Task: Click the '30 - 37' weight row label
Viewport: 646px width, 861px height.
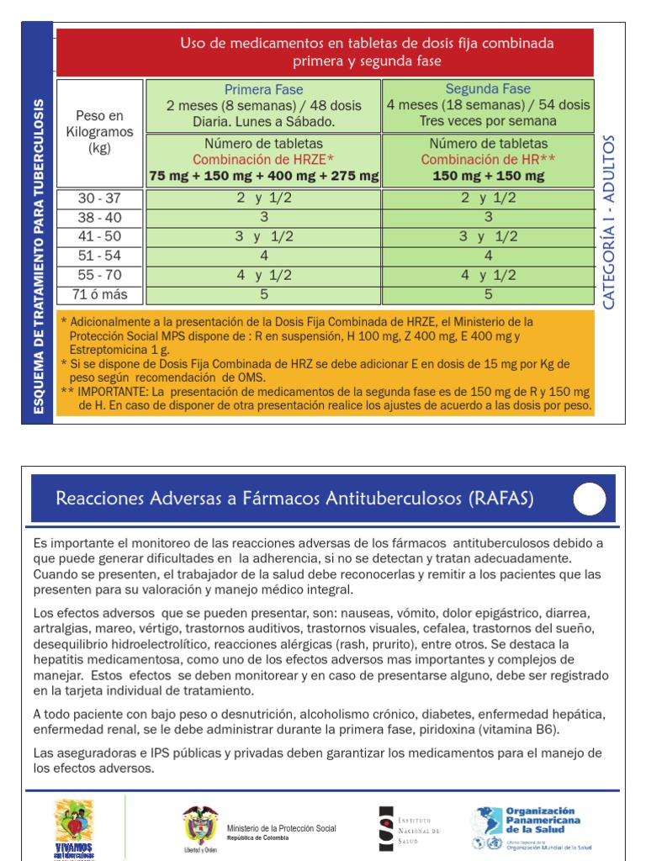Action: point(99,198)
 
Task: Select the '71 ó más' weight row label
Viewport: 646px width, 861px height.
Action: point(99,295)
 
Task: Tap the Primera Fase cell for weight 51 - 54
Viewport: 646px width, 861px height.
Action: point(264,256)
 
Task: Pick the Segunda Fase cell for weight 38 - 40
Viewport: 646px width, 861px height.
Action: point(488,218)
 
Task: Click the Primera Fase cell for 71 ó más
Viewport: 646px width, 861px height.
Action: point(264,295)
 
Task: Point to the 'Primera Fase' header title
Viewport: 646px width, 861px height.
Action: point(264,90)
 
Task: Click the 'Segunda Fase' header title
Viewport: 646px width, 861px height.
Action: point(488,89)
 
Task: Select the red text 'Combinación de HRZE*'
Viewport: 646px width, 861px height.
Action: point(264,160)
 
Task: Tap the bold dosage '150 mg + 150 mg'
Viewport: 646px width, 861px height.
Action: point(488,177)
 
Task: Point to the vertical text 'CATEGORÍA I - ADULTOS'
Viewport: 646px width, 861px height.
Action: point(610,221)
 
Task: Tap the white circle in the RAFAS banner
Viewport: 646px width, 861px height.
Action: point(590,500)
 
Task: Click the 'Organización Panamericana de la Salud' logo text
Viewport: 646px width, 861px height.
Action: point(543,820)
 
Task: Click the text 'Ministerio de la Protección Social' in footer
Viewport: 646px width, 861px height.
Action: point(279,829)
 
